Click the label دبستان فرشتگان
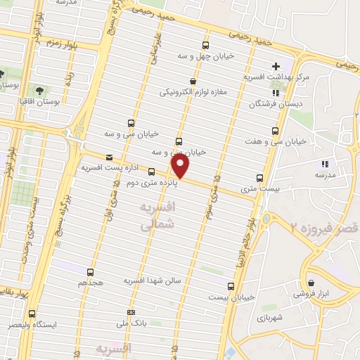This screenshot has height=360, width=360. point(274,104)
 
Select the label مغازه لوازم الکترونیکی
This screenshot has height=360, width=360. point(192,92)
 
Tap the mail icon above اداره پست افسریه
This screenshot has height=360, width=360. point(108,157)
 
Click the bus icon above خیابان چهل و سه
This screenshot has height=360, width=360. point(205,43)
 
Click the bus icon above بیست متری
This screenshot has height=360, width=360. point(259,177)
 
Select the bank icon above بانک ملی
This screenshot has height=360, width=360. point(130,312)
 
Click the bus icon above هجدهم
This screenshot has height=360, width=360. point(90,271)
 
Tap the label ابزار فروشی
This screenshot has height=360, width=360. point(332,292)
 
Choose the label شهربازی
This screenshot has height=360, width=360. point(270,318)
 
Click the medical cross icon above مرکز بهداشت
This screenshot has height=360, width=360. point(275,65)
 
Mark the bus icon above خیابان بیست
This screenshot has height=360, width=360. point(231,285)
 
